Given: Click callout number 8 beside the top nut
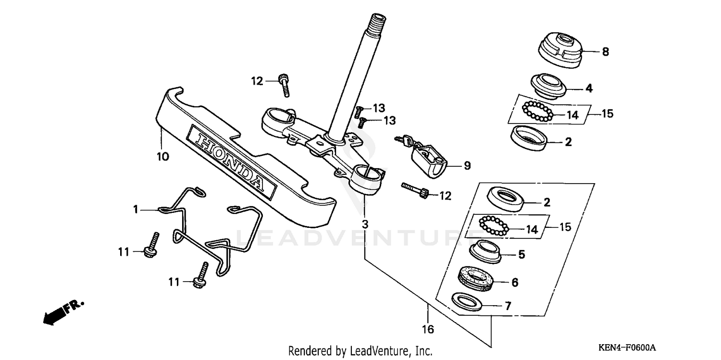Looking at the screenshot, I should click(x=605, y=52).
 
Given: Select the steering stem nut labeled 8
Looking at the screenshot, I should click(x=559, y=51).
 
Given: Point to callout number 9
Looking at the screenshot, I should click(x=467, y=166).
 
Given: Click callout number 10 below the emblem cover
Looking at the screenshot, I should click(x=163, y=157).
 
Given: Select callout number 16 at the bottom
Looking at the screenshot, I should click(x=428, y=330).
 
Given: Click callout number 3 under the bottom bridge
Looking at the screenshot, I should click(x=365, y=224).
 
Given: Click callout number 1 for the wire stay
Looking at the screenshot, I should click(x=136, y=209).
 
